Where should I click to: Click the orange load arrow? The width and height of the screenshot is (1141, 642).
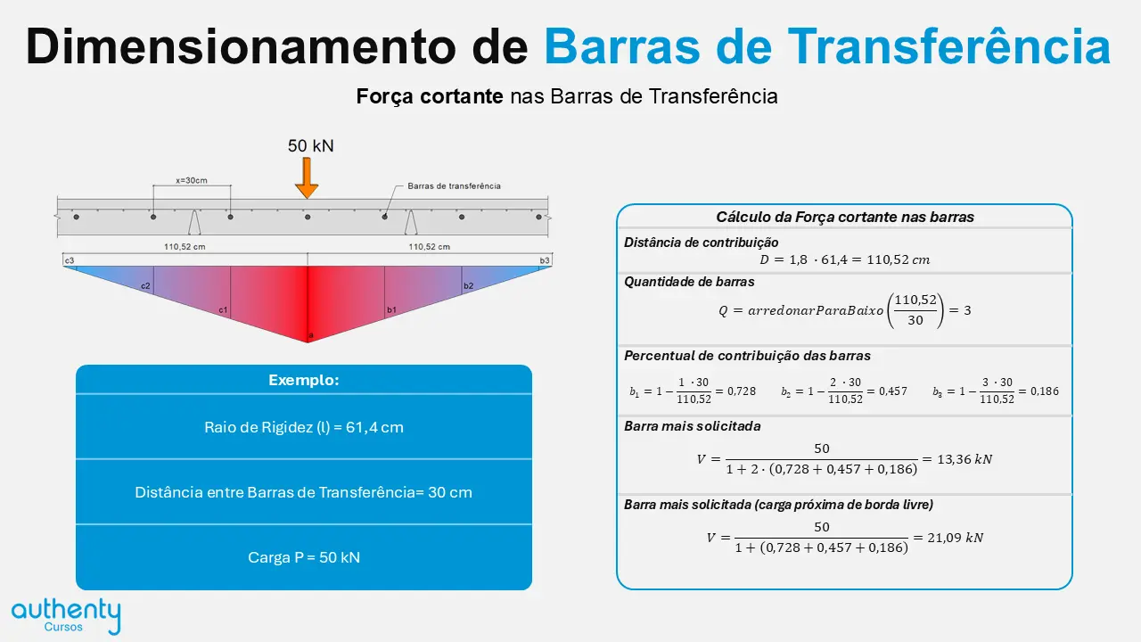[x=307, y=177]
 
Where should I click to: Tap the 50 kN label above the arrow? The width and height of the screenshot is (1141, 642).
[x=311, y=145]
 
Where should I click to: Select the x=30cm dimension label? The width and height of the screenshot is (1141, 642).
[x=192, y=180]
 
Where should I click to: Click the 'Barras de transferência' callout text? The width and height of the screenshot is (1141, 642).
[x=454, y=186]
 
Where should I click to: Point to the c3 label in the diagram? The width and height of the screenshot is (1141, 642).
[x=70, y=260]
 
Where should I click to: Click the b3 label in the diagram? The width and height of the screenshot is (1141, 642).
[x=545, y=260]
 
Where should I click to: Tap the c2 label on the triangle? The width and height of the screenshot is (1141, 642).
[x=145, y=286]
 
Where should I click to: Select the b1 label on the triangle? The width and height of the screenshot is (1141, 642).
[x=391, y=309]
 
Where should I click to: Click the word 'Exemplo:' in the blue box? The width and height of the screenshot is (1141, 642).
[x=304, y=380]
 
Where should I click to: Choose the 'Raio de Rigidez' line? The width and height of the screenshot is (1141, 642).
[x=304, y=427]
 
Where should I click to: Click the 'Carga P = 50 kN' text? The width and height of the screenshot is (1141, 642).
[x=304, y=557]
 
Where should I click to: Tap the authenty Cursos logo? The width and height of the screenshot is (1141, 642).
[x=66, y=616]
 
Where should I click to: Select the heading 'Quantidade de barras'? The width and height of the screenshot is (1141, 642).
[x=689, y=282]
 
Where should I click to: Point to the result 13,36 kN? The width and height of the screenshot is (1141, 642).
[x=965, y=459]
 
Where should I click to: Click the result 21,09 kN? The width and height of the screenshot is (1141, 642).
[x=955, y=538]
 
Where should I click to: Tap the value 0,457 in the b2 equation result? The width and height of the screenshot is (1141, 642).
[x=893, y=391]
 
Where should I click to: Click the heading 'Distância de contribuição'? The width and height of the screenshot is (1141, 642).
[x=702, y=243]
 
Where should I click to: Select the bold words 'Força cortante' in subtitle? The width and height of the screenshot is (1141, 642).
[x=430, y=96]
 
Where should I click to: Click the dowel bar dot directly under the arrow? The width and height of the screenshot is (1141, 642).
[x=308, y=217]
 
